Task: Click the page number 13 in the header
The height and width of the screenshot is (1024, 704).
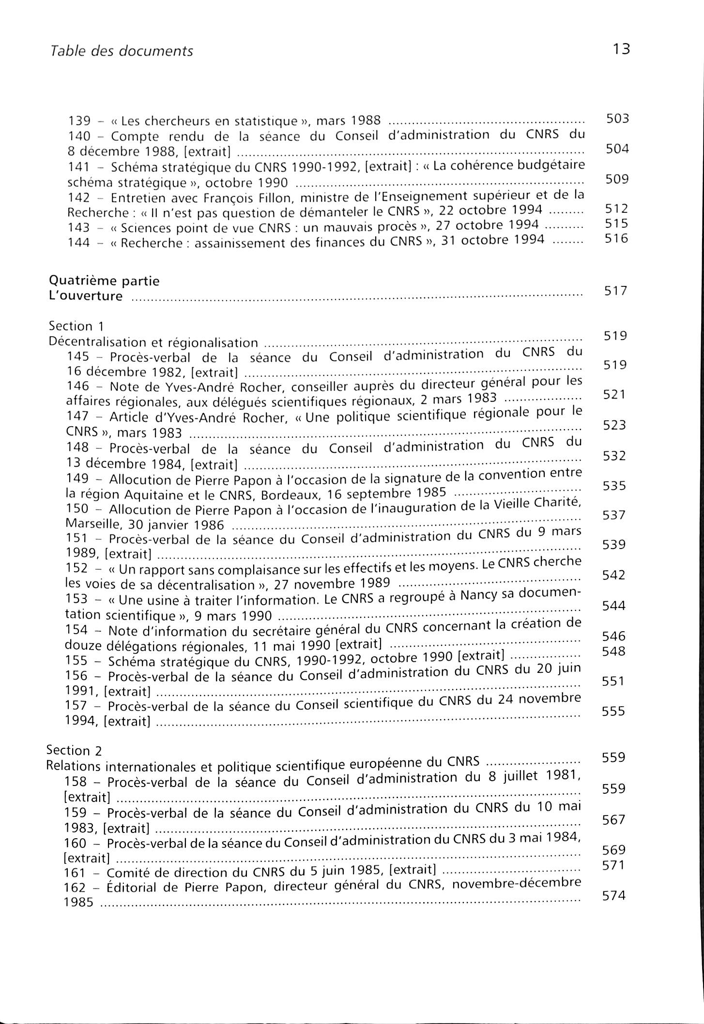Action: coord(621,49)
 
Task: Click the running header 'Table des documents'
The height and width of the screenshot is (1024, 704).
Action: coord(122,51)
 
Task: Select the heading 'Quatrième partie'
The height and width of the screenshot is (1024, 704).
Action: coord(105,281)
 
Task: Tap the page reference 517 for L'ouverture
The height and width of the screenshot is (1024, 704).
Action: coord(616,291)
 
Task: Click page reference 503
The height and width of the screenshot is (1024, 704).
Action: coord(617,119)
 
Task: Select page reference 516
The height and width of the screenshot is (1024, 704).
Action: coord(617,238)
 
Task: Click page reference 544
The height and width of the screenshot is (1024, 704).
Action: coord(614,606)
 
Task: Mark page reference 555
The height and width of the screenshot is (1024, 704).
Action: coord(613,711)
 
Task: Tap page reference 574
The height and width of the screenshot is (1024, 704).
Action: coord(614,896)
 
